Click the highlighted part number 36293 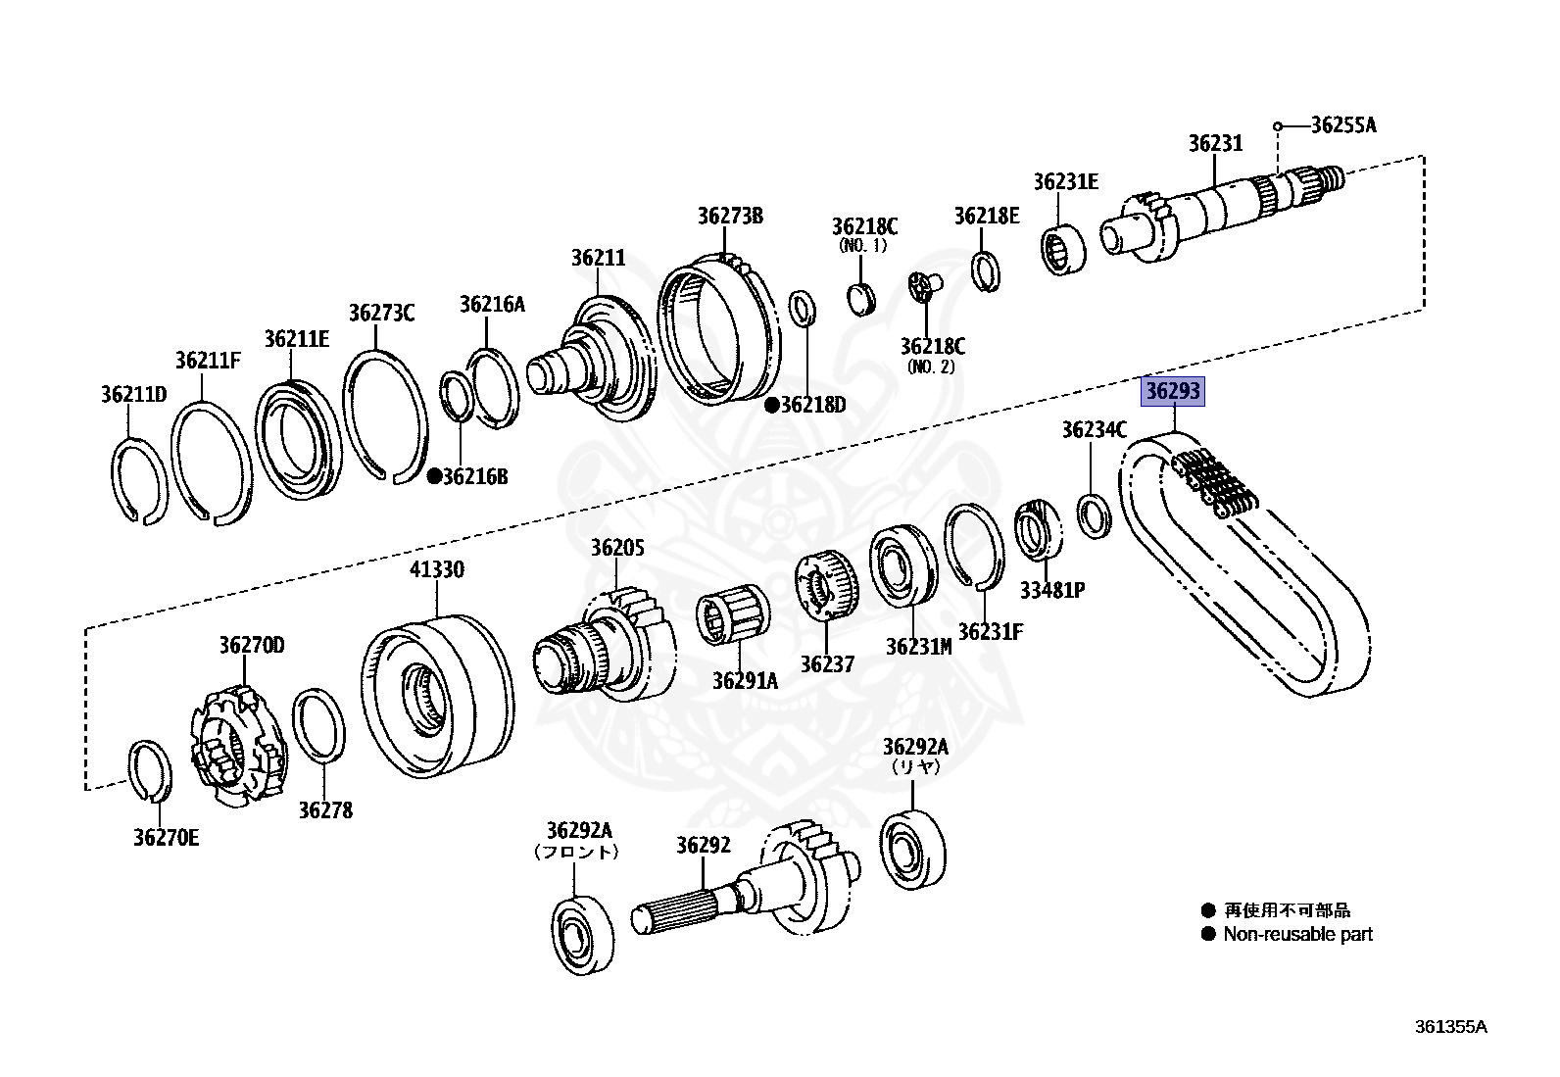coord(1173,392)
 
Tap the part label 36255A coord(1342,124)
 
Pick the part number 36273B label coord(730,216)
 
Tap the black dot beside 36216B coord(434,476)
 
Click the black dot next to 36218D coord(772,404)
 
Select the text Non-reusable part coord(1297,935)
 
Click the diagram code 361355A coord(1450,1027)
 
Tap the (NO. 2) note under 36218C coord(931,367)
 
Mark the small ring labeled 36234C coord(1093,516)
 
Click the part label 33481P coord(1051,590)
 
